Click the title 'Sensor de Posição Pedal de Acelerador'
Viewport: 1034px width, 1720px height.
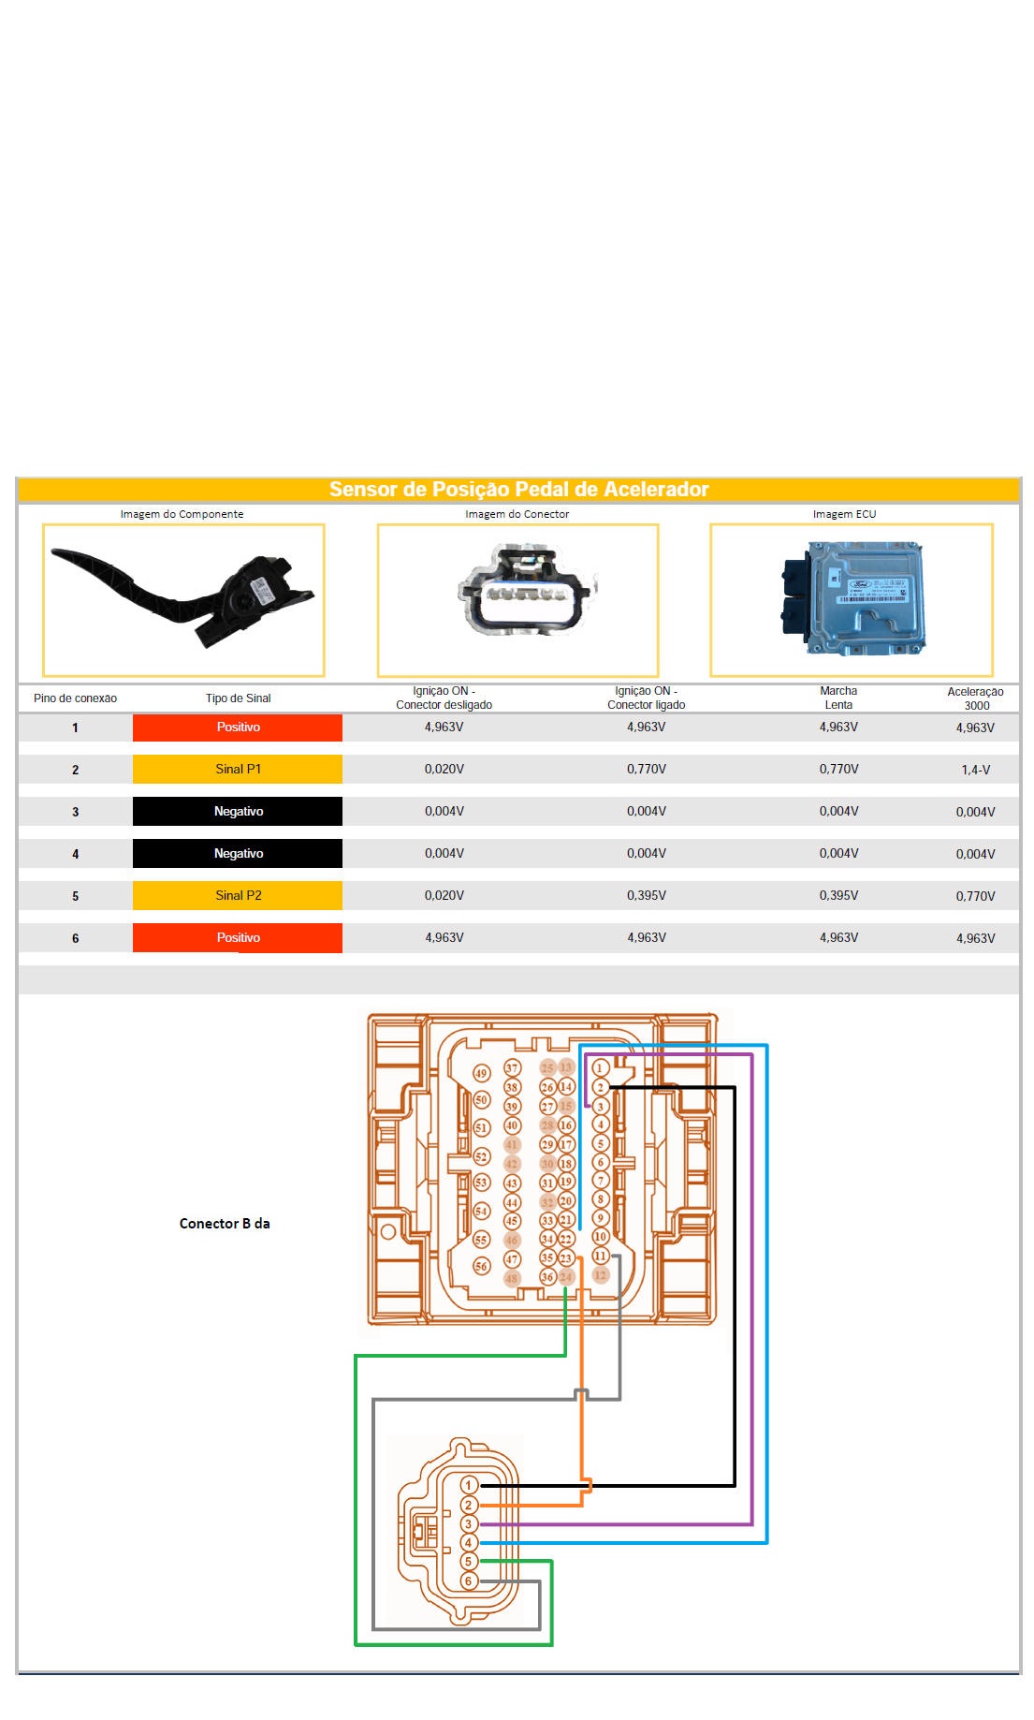[518, 489]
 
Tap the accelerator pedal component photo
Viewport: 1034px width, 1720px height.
[183, 600]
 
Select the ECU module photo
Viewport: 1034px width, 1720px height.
[851, 599]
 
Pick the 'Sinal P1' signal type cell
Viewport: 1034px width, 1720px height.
[238, 769]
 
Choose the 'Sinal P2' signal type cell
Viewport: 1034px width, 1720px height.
[238, 895]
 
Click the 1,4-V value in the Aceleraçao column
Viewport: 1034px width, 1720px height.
[975, 770]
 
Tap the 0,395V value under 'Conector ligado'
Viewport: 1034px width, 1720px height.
[646, 895]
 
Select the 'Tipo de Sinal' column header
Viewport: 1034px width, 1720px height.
[238, 698]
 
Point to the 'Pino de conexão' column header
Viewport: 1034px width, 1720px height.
[75, 698]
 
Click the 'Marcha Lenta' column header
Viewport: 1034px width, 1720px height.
[838, 698]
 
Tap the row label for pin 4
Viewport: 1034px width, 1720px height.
[76, 854]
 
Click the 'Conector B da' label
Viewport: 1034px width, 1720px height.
[225, 1223]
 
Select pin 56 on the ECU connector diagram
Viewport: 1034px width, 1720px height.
[481, 1266]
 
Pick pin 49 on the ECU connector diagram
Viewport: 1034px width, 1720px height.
[481, 1074]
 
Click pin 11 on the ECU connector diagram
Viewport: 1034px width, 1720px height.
[601, 1256]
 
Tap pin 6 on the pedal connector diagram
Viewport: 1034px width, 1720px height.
[470, 1581]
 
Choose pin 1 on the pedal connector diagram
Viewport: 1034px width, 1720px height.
[470, 1485]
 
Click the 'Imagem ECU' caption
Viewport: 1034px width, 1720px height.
[844, 514]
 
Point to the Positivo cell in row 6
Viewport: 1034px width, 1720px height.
[238, 937]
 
